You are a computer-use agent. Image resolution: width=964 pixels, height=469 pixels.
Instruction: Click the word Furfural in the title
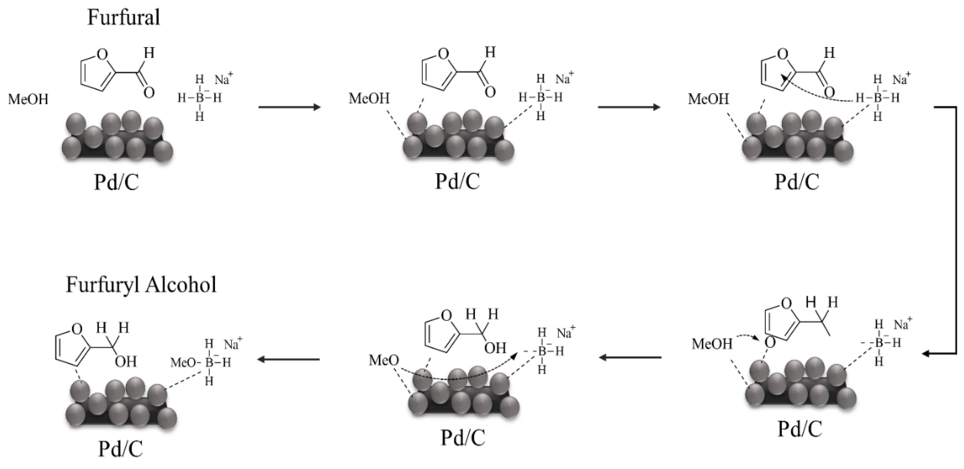[124, 18]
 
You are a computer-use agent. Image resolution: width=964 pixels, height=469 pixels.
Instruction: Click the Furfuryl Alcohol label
[141, 285]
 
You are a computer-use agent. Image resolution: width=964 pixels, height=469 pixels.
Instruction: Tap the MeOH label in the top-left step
[28, 99]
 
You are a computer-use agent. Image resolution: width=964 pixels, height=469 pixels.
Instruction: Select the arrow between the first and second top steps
[290, 107]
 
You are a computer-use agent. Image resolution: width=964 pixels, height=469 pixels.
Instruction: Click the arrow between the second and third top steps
[629, 107]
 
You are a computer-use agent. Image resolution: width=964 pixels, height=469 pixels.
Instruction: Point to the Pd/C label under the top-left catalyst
[116, 182]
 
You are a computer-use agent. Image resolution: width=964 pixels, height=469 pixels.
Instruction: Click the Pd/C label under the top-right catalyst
[797, 182]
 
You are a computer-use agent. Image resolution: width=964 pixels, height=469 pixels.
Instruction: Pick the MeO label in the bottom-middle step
[384, 360]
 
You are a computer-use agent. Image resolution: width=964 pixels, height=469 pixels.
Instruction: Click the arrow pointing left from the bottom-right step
[630, 358]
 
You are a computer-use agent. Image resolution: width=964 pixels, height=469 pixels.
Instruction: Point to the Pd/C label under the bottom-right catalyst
[800, 429]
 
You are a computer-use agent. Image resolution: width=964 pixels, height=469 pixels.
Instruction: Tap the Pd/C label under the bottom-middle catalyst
[463, 437]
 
